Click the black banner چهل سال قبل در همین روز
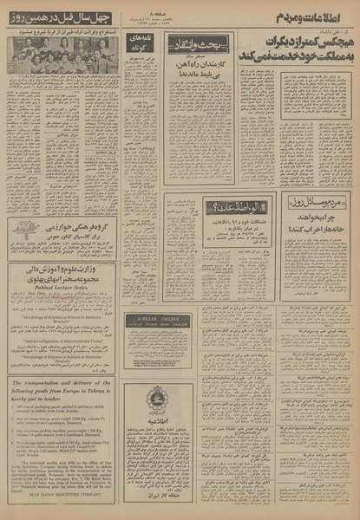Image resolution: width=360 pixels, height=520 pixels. coord(61,18)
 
